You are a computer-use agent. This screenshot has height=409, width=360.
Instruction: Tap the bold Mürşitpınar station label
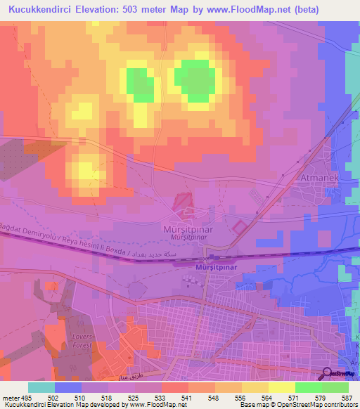[x=215, y=267]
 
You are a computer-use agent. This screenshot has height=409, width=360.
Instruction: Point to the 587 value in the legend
[x=344, y=397]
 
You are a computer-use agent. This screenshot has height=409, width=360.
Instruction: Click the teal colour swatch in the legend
[x=41, y=387]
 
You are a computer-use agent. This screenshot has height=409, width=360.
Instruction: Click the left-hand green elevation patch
[x=140, y=84]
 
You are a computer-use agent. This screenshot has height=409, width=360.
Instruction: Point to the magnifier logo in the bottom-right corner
[x=328, y=374]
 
